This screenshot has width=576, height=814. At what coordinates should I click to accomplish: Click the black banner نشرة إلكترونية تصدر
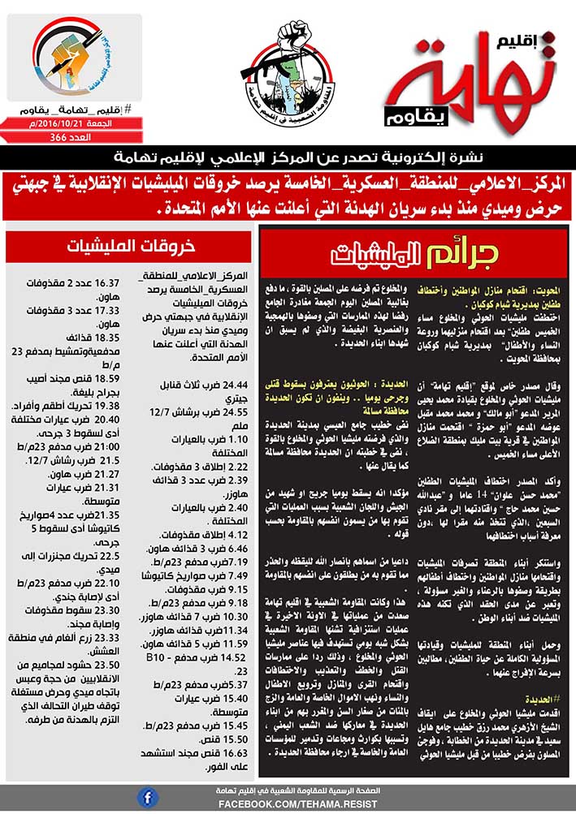[288, 157]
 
